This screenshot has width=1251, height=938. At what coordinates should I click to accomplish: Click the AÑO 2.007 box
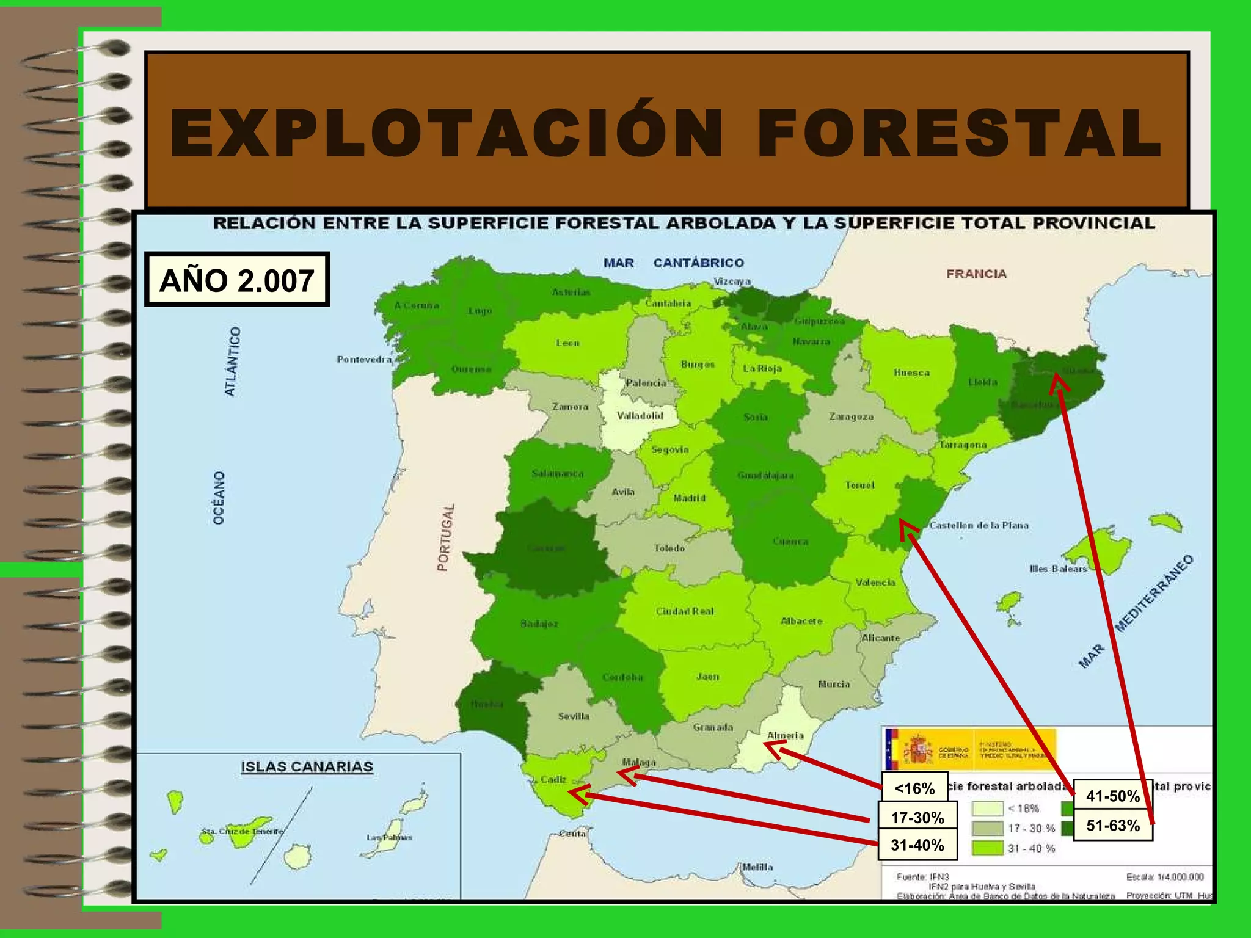[x=237, y=280]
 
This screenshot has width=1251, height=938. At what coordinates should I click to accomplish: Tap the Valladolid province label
[x=640, y=416]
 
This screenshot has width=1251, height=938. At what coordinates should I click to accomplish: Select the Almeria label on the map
[x=785, y=735]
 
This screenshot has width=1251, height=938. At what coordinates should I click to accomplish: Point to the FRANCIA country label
[x=976, y=274]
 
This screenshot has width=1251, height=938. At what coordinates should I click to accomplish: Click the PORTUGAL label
[x=446, y=537]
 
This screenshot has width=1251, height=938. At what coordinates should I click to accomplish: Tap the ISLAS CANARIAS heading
[x=307, y=767]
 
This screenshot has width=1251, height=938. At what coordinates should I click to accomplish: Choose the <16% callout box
[x=914, y=788]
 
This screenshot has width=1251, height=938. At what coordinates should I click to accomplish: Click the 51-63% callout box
[x=1112, y=826]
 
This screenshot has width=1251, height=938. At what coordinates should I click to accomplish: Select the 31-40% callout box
[x=917, y=845]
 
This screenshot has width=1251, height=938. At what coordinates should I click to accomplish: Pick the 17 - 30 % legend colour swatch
[x=987, y=828]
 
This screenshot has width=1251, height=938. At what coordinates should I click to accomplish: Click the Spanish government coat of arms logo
[x=917, y=749]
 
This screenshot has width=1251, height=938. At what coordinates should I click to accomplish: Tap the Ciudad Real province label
[x=685, y=611]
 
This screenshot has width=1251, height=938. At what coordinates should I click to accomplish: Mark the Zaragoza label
[x=851, y=416]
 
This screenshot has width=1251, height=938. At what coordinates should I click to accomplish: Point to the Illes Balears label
[x=1058, y=569]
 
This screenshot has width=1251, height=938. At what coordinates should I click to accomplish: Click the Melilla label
[x=757, y=867]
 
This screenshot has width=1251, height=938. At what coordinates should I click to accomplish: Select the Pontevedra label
[x=364, y=360]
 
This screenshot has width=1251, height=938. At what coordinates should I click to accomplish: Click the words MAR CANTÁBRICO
[x=673, y=263]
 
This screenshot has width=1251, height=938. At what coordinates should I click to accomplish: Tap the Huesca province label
[x=911, y=373]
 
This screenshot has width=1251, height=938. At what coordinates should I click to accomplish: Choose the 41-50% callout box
[x=1112, y=796]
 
